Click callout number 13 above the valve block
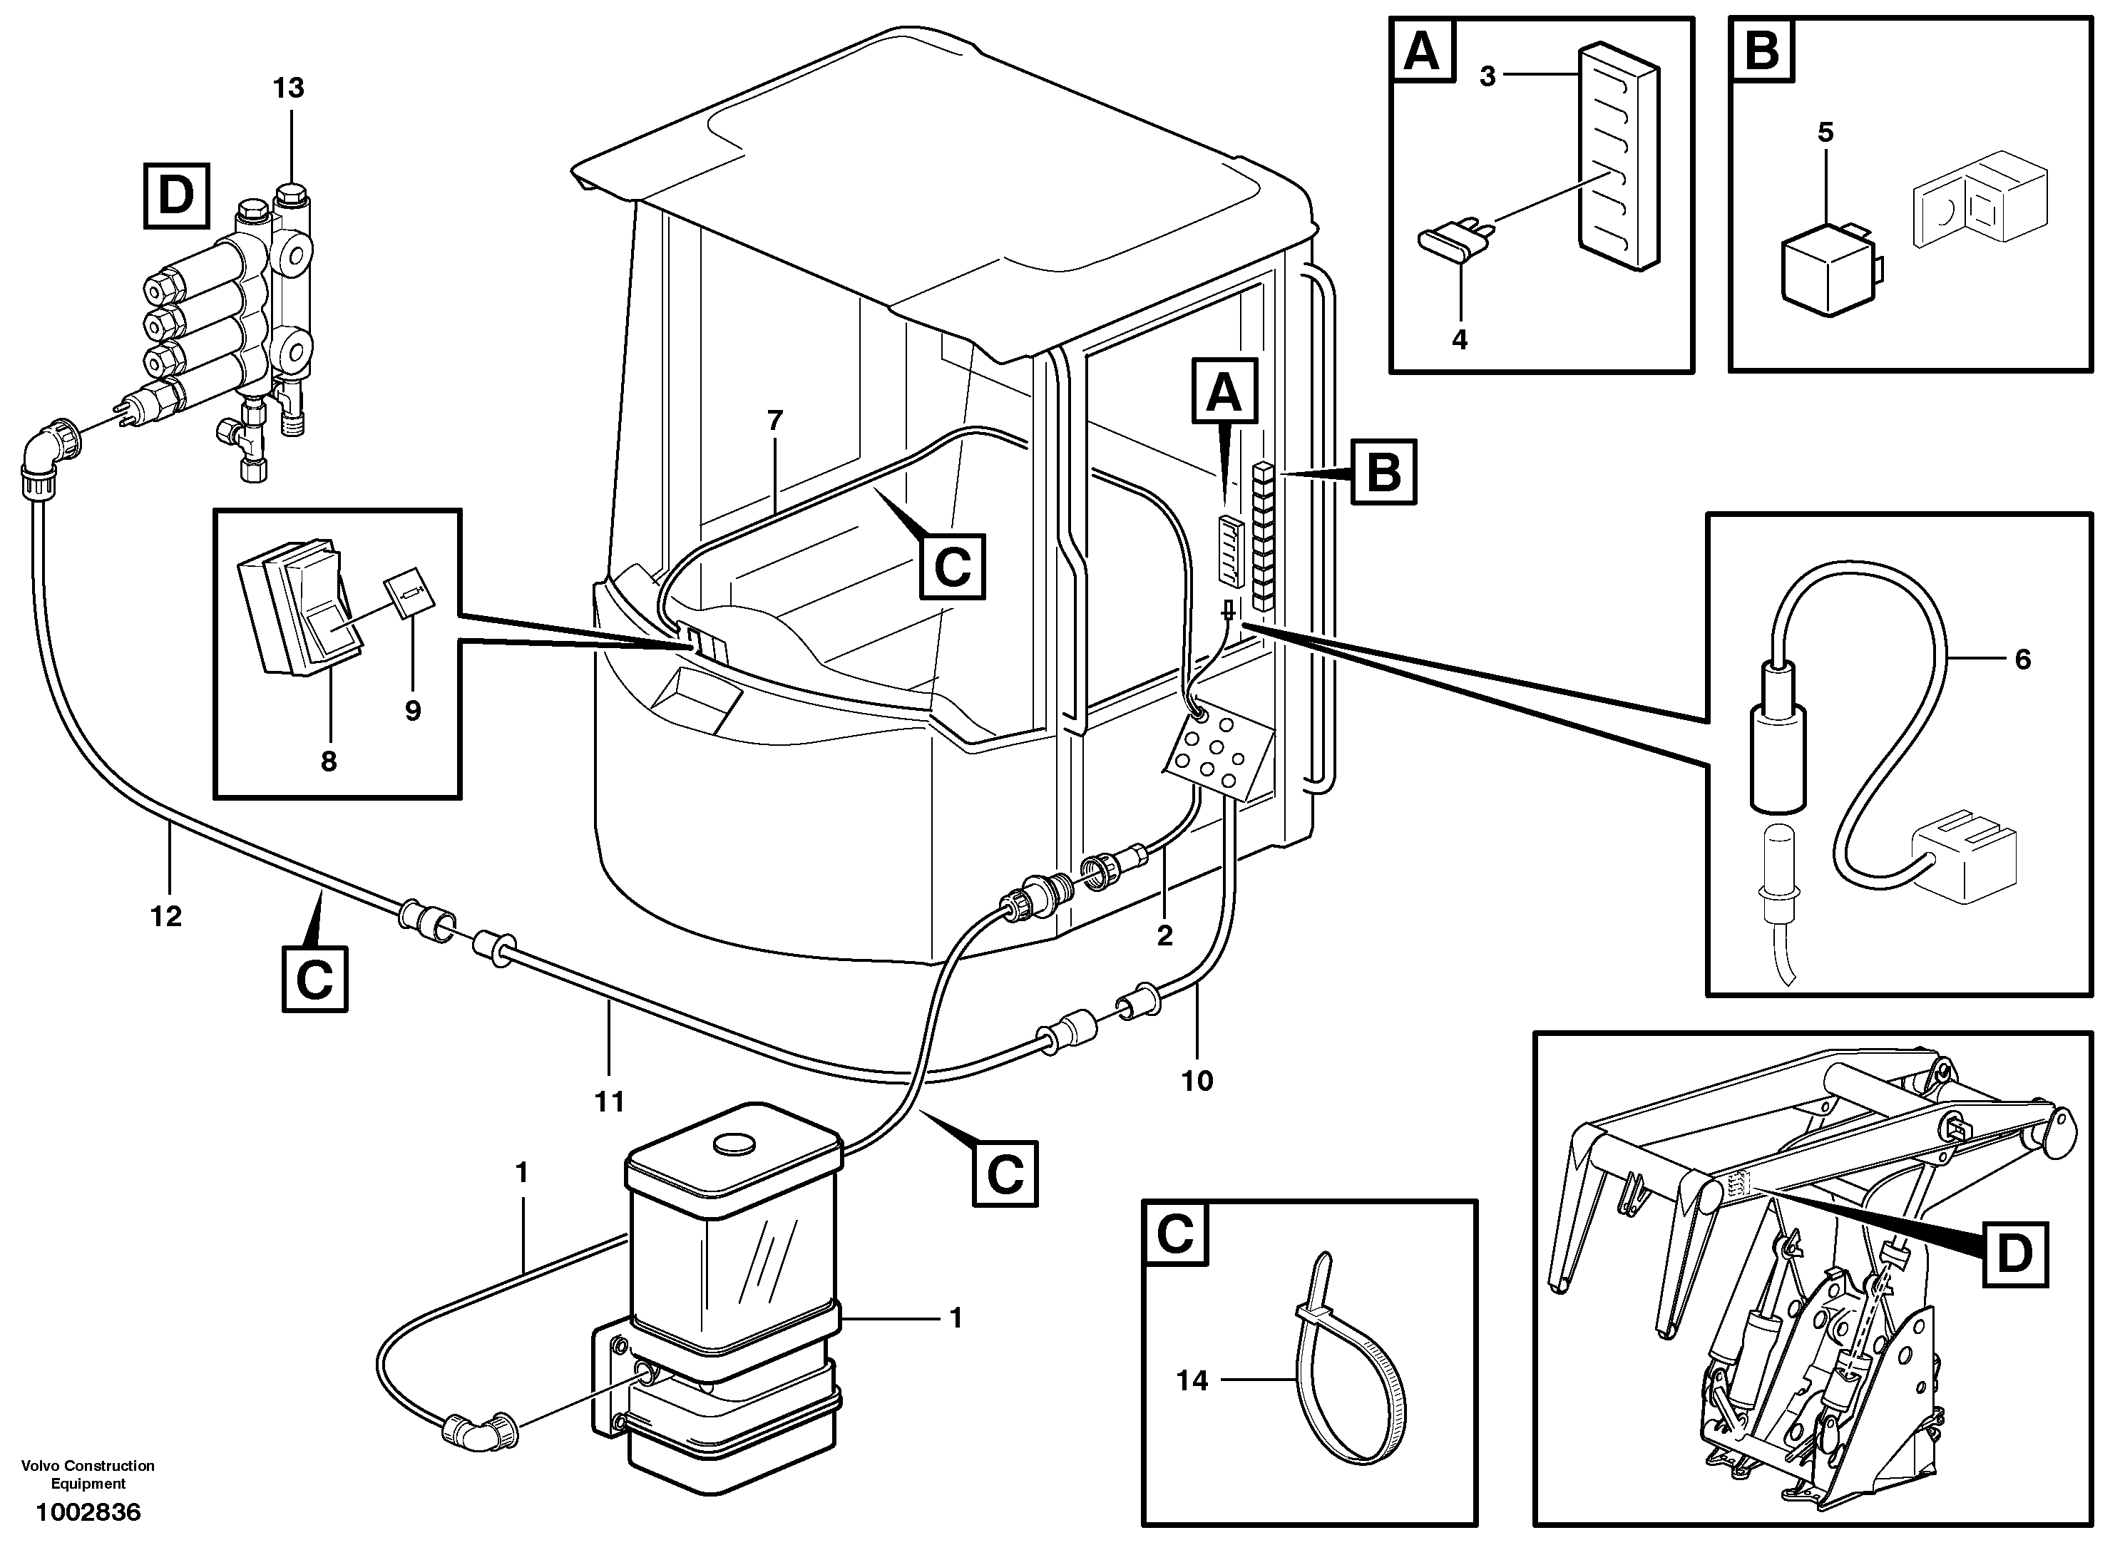click(x=288, y=88)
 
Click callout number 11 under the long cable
click(x=609, y=1100)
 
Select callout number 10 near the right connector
click(x=1197, y=1081)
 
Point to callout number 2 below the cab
click(x=1164, y=935)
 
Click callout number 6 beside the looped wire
click(x=2022, y=659)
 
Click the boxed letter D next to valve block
click(x=176, y=196)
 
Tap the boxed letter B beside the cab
click(x=1383, y=471)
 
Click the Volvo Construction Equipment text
click(x=88, y=1474)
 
